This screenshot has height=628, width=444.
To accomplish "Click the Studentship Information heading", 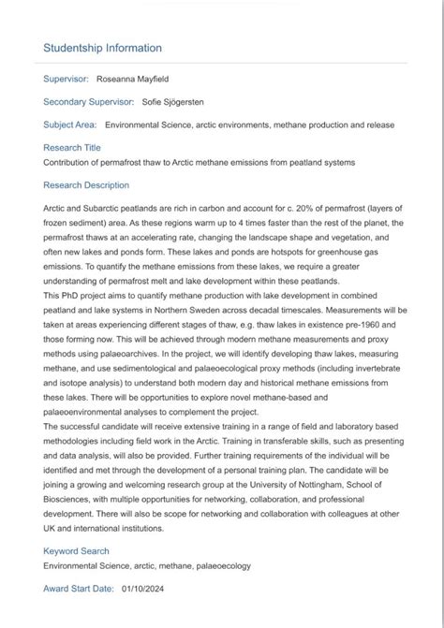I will coord(102,48).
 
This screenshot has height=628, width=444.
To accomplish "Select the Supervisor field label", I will coord(67,79).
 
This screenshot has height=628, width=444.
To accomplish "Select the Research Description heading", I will coord(86,185).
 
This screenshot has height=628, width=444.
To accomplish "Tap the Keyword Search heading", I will coord(76,551).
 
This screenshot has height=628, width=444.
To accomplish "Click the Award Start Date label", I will coord(78,589).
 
